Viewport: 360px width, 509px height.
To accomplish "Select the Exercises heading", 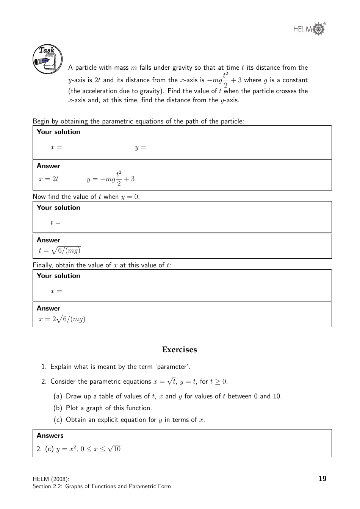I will [x=179, y=350].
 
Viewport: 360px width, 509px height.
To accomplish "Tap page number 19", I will [x=322, y=478].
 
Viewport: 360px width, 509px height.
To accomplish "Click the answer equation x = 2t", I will [x=49, y=179].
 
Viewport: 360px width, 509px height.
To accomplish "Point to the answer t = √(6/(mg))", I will [x=59, y=250].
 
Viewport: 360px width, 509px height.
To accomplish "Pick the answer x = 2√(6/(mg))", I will [x=62, y=319].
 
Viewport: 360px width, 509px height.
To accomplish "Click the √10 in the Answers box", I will [x=114, y=449].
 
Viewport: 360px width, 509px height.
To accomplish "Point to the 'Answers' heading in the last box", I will [x=50, y=436].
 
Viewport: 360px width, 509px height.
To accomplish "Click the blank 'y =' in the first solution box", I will [x=140, y=147].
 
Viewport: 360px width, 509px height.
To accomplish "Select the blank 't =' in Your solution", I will [x=55, y=222].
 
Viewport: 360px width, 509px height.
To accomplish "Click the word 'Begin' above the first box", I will [x=41, y=121].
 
